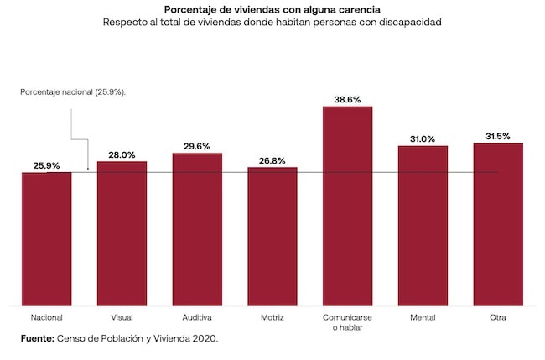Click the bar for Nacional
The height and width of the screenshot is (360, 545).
47,239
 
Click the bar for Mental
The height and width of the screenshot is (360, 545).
423,226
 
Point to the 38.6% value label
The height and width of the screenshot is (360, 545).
347,99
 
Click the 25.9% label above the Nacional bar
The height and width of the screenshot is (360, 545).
47,165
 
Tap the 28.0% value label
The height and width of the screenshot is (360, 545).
122,154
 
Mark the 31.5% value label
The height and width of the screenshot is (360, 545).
498,136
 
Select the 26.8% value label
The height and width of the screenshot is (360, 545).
272,160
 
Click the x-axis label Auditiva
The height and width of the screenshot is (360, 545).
197,317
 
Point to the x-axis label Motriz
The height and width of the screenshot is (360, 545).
272,317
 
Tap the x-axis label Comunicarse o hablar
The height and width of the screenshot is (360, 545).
347,322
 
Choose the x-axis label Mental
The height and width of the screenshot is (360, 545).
423,317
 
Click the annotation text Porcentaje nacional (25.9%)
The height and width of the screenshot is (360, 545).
74,91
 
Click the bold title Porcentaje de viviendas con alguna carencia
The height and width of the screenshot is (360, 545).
272,9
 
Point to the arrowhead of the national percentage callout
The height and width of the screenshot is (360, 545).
87,168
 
